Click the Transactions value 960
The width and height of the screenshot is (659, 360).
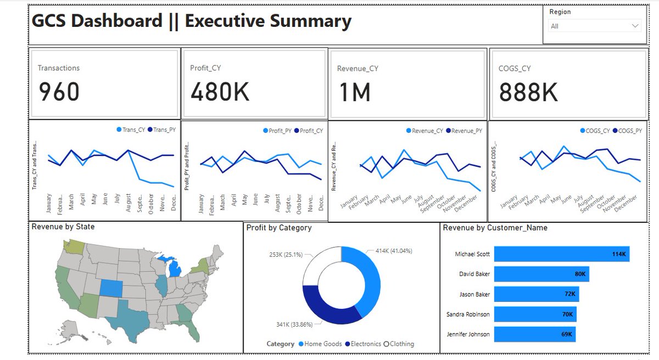[x=59, y=92]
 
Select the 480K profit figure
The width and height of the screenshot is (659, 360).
[x=220, y=92]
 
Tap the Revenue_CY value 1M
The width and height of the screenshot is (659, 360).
[x=354, y=92]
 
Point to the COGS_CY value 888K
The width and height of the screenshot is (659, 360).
[x=528, y=92]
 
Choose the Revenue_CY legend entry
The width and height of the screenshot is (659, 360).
[x=424, y=131]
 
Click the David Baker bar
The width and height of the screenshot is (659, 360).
[x=541, y=274]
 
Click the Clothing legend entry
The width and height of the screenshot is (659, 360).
[x=399, y=344]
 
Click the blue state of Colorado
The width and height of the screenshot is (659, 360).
[x=111, y=288]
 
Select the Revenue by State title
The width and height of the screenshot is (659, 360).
[x=63, y=227]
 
